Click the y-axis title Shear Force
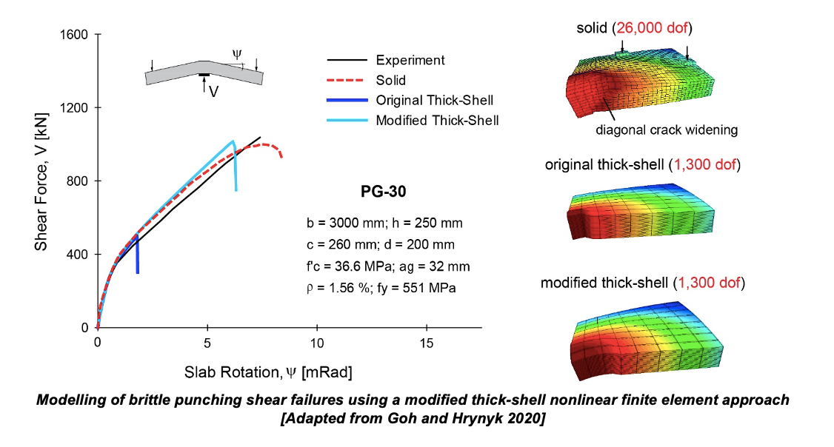(x=41, y=181)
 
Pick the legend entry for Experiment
(x=410, y=60)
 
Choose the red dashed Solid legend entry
(x=390, y=80)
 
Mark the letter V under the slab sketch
(x=213, y=93)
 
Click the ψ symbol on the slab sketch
(x=236, y=54)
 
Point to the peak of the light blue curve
(x=233, y=141)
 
